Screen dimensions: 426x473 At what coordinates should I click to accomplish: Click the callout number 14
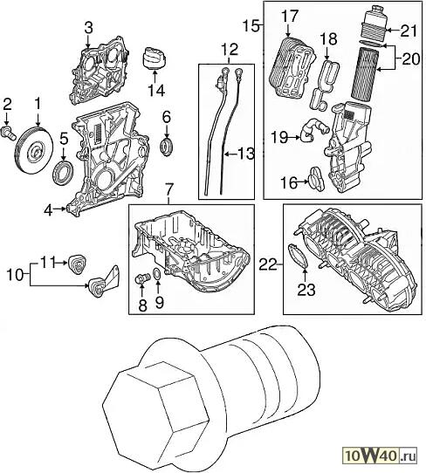pyautogui.click(x=156, y=90)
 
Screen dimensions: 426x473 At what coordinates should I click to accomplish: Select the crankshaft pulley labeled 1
pyautogui.click(x=34, y=150)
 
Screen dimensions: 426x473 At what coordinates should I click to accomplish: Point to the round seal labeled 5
pyautogui.click(x=63, y=173)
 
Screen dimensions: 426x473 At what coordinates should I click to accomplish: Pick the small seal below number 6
pyautogui.click(x=167, y=147)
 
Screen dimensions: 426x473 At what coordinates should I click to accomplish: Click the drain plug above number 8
pyautogui.click(x=142, y=278)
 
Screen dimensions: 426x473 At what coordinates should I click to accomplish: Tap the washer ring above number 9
pyautogui.click(x=157, y=274)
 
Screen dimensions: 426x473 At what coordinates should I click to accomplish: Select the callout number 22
pyautogui.click(x=267, y=264)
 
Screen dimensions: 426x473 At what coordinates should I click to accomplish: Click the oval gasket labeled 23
pyautogui.click(x=298, y=256)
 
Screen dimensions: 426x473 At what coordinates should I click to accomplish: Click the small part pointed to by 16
pyautogui.click(x=316, y=179)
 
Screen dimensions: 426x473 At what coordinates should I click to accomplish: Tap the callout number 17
pyautogui.click(x=290, y=16)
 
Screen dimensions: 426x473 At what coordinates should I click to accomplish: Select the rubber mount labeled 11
pyautogui.click(x=79, y=264)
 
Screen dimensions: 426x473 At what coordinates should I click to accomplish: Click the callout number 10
pyautogui.click(x=15, y=274)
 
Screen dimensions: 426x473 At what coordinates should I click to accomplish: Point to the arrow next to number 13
pyautogui.click(x=231, y=154)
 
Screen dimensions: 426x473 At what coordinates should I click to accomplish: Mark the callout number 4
pyautogui.click(x=48, y=210)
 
